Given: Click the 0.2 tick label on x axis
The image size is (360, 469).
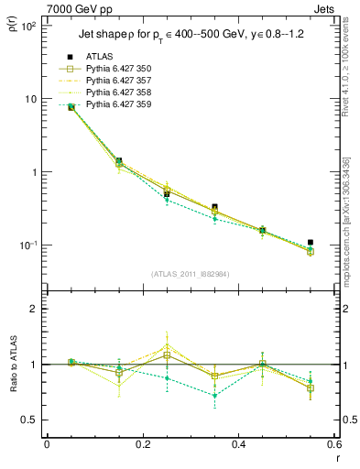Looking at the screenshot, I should pos(142,445).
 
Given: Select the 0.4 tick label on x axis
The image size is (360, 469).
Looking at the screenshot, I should pos(238,445).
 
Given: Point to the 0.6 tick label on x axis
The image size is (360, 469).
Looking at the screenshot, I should pos(333,445).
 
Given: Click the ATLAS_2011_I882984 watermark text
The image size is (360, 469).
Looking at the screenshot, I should pos(190,274).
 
